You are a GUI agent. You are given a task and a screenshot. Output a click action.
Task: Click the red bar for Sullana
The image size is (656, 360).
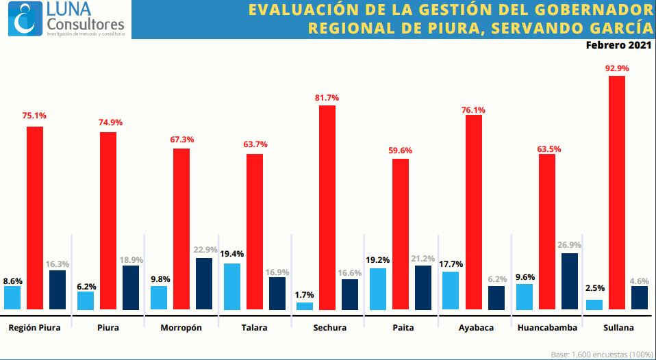(x=616, y=193)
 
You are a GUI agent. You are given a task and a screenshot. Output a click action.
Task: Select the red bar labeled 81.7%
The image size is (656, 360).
(x=327, y=207)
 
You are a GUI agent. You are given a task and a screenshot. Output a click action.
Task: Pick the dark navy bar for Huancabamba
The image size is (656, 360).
(x=569, y=282)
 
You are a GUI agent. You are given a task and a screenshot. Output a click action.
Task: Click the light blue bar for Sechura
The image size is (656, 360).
(x=305, y=306)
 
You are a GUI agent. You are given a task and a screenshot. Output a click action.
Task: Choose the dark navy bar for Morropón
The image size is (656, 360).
(x=204, y=284)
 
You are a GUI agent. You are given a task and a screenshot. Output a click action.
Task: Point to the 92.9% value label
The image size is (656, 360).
(x=617, y=68)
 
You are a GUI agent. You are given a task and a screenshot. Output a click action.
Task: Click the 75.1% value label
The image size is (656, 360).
(x=34, y=116)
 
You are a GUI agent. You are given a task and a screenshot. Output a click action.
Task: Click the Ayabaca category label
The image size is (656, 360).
(x=475, y=328)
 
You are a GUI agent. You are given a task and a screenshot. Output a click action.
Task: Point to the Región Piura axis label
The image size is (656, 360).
(x=34, y=328)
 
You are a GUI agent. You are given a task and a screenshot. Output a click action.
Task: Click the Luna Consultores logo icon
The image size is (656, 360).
(x=24, y=18)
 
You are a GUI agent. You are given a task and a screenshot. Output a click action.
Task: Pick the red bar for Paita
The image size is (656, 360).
(x=401, y=235)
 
